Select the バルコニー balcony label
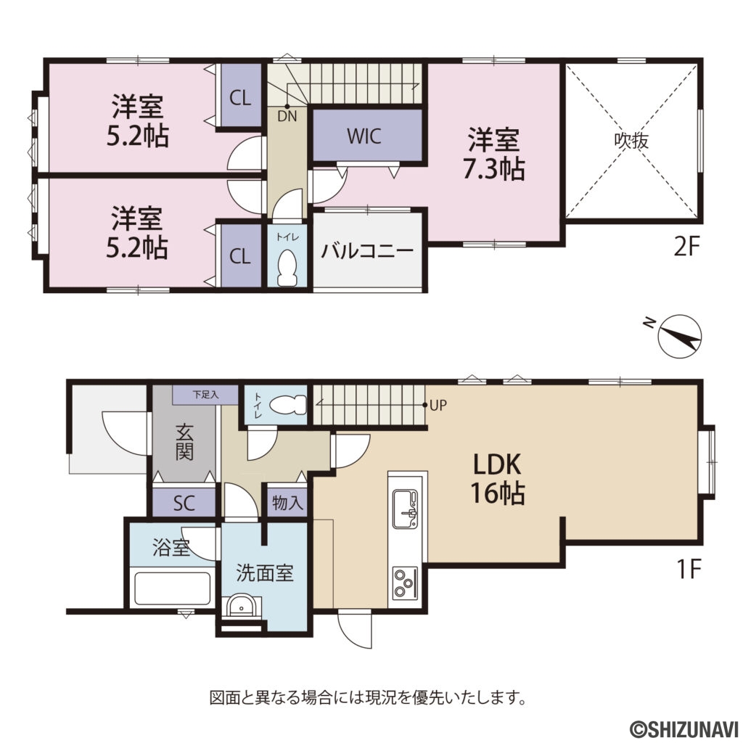(x=367, y=252)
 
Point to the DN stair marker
(x=285, y=114)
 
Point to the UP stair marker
(x=438, y=406)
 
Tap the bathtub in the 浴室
(x=173, y=588)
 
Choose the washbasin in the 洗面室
(x=239, y=604)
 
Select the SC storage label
(x=184, y=503)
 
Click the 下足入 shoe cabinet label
(x=205, y=395)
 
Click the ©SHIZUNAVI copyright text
(x=682, y=727)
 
